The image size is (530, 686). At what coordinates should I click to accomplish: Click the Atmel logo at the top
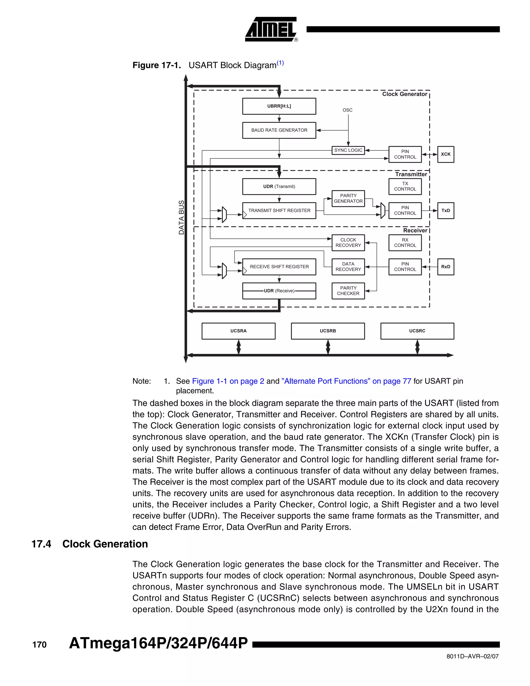pyautogui.click(x=271, y=29)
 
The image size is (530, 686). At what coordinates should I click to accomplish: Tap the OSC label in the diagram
pyautogui.click(x=347, y=110)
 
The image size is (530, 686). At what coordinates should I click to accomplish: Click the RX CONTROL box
pyautogui.click(x=405, y=243)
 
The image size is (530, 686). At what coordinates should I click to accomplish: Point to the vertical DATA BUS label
pyautogui.click(x=181, y=217)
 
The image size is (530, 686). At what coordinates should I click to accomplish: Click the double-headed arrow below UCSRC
pyautogui.click(x=417, y=347)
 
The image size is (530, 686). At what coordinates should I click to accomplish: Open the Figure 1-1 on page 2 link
pyautogui.click(x=228, y=381)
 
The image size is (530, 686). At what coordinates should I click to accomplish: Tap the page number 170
pyautogui.click(x=39, y=645)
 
